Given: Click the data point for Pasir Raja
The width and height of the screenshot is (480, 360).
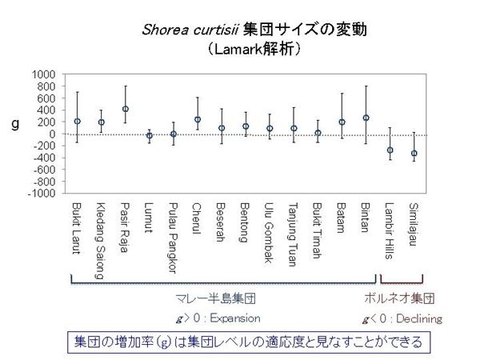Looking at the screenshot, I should point(126,109).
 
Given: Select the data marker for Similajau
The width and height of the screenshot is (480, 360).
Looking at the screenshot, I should point(414,153).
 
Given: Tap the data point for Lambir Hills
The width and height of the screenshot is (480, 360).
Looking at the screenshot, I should point(390,150).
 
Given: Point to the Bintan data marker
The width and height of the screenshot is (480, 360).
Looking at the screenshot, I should point(366,118).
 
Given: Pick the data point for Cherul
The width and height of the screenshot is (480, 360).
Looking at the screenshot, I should point(198,120).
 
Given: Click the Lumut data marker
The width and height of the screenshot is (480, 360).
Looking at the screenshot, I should point(150,136).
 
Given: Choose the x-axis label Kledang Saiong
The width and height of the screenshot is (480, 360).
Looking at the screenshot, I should point(102,240).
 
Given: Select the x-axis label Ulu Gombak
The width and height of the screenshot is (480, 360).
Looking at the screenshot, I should point(270,233).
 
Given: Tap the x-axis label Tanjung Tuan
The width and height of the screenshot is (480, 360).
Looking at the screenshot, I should point(294,235).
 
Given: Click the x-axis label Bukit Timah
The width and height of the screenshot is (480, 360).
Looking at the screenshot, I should point(318,232).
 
